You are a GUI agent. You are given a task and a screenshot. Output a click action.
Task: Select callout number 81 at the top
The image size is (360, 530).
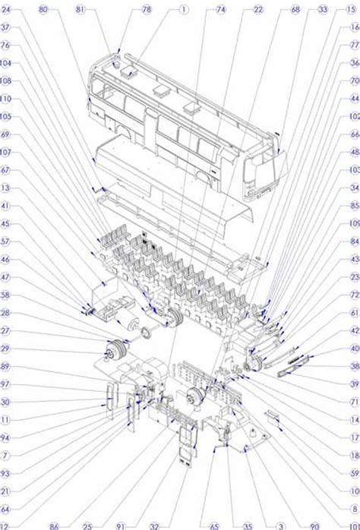80,10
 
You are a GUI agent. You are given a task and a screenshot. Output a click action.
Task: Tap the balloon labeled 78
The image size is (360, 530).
147,10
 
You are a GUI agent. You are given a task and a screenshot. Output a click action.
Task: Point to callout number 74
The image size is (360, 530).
221,10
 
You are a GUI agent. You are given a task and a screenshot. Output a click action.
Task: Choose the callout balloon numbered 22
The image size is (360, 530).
258,10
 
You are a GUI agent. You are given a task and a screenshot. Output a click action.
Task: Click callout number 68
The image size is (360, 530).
295,10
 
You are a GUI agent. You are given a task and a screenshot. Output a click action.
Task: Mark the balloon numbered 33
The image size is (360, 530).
324,10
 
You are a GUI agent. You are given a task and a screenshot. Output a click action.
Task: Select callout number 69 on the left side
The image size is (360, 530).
6,134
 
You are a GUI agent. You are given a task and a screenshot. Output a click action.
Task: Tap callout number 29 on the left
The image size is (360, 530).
6,349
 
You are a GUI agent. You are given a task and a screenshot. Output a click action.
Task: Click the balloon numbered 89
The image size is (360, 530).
6,366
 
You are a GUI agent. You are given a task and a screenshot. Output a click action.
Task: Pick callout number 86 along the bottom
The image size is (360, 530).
53,525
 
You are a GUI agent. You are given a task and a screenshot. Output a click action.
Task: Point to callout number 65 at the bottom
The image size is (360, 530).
214,525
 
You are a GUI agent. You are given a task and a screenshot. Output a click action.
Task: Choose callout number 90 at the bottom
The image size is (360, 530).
315,525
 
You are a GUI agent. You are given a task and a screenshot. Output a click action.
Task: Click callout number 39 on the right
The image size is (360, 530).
355,384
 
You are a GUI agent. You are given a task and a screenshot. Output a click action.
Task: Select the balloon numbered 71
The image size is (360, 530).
355,402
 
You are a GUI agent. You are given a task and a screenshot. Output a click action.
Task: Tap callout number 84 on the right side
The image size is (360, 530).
355,241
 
